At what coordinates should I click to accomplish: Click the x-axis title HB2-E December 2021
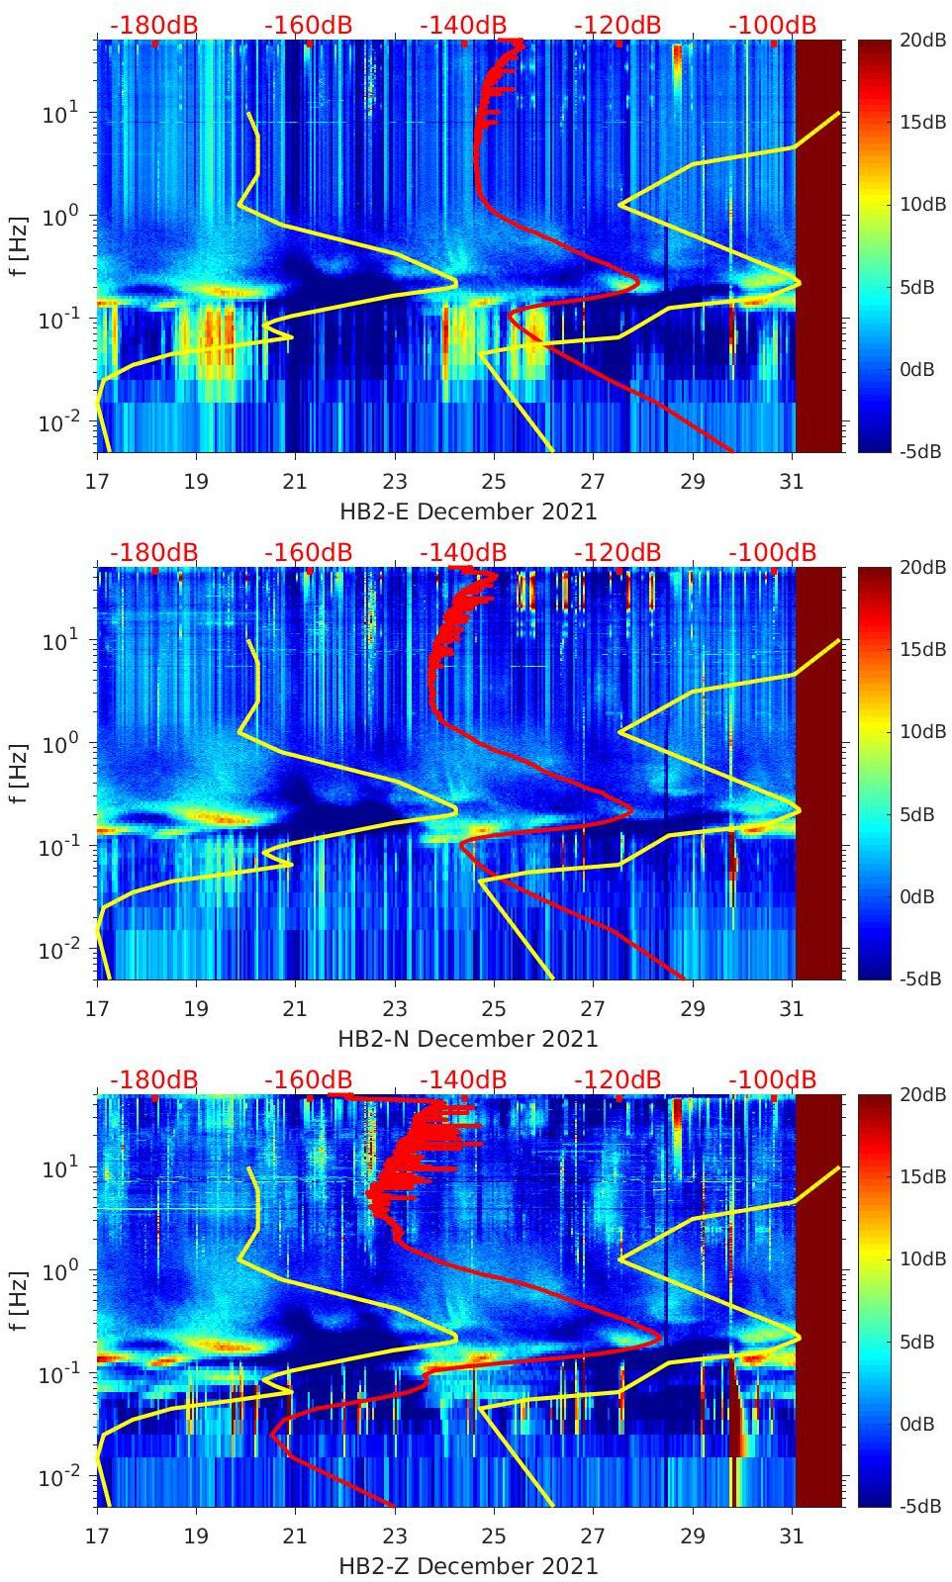pos(468,512)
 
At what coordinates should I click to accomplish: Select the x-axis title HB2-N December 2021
pos(468,1039)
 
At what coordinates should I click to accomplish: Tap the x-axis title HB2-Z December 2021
pos(468,1566)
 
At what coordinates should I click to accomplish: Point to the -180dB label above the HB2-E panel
pos(153,25)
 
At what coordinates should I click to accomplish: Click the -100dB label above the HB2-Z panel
pos(772,1079)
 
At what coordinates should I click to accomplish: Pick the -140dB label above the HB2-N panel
pos(463,552)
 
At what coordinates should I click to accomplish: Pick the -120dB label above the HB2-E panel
pos(618,25)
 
